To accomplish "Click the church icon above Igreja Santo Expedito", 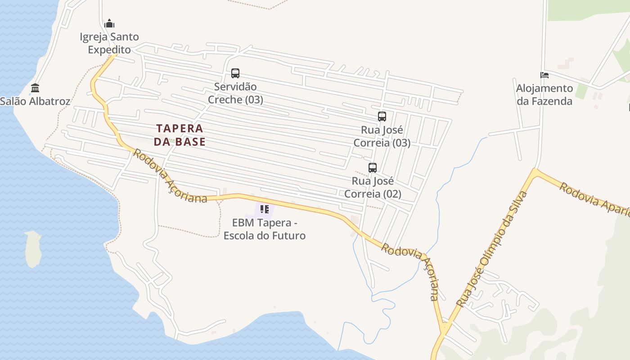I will (x=109, y=24).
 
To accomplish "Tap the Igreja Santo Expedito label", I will (x=109, y=43).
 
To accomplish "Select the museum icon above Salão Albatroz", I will (x=35, y=88).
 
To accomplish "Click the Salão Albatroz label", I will (x=35, y=101).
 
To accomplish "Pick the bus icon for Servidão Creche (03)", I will (x=235, y=73).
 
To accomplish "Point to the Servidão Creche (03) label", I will (x=235, y=93).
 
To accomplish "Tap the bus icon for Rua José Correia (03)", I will (x=382, y=117).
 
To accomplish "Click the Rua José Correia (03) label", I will (x=382, y=136).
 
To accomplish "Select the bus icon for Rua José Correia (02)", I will (x=372, y=168).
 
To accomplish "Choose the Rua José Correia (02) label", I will (x=372, y=188).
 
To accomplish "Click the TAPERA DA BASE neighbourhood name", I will (x=180, y=135).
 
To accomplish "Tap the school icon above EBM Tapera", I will (x=265, y=209).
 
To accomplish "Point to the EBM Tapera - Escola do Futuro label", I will (x=265, y=229).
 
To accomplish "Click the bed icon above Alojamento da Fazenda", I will (x=544, y=75).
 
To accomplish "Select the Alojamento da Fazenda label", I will (x=544, y=94).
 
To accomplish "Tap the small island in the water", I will (x=33, y=249).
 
